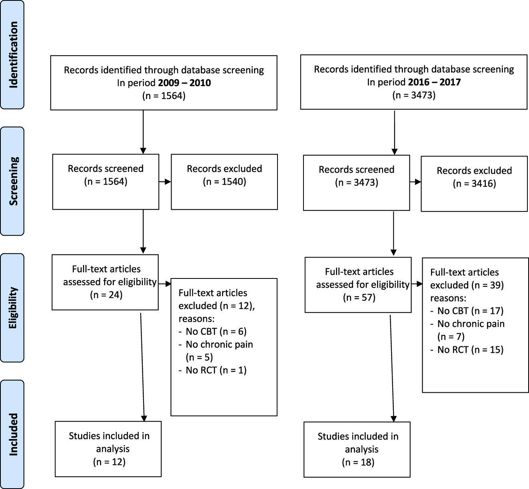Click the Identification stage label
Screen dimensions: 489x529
[13, 55]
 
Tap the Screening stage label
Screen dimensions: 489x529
[13, 181]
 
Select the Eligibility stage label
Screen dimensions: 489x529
[13, 308]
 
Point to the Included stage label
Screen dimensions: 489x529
[13, 434]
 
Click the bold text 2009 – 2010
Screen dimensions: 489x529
[185, 83]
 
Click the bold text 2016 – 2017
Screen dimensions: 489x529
[435, 82]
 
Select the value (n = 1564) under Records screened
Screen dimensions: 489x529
[106, 182]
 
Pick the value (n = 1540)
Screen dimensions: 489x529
[224, 182]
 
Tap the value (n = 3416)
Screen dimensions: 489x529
[474, 184]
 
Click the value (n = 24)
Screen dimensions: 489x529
[106, 295]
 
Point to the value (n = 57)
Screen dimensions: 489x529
[359, 297]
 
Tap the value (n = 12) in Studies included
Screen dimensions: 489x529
[109, 462]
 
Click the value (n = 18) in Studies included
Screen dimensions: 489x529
[358, 462]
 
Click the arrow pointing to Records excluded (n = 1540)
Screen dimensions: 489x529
[165, 182]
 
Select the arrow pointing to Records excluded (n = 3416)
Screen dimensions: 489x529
[415, 182]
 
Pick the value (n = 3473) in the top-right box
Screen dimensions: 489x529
[414, 95]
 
